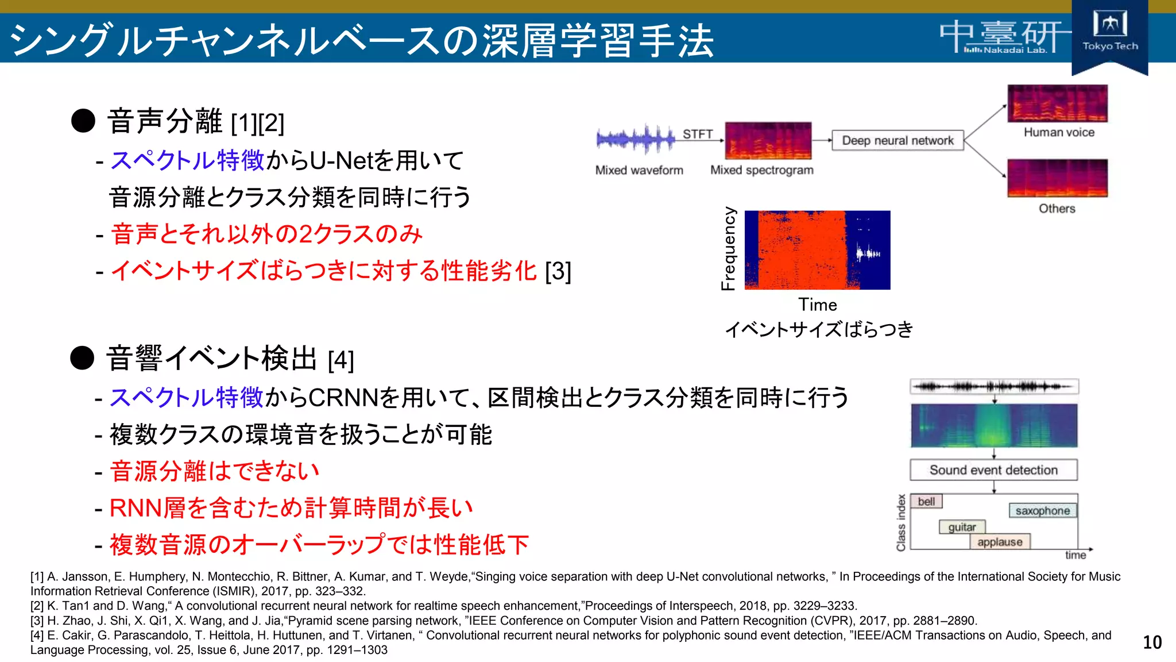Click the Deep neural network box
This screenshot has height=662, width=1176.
click(897, 141)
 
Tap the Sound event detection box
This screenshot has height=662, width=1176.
click(993, 470)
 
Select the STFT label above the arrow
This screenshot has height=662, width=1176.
click(697, 134)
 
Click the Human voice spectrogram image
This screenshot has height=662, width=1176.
click(1057, 103)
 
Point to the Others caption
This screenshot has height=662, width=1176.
click(1057, 209)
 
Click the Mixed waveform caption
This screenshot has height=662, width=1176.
click(639, 170)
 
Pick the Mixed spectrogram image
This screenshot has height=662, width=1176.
click(768, 140)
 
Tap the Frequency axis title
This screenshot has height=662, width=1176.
click(728, 248)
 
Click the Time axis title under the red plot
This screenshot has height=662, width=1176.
click(817, 305)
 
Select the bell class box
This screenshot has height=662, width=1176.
click(926, 502)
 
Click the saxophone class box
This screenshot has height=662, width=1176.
click(1042, 511)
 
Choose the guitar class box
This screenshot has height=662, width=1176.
click(962, 527)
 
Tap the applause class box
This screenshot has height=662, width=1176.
click(1000, 542)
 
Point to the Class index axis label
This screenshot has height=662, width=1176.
click(901, 522)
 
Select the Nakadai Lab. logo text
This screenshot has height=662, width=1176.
click(1006, 50)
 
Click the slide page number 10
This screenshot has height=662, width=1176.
click(1152, 642)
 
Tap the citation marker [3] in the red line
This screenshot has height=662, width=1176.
click(558, 271)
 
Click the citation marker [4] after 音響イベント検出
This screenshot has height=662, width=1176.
click(341, 360)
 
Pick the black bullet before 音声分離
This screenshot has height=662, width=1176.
click(83, 121)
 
